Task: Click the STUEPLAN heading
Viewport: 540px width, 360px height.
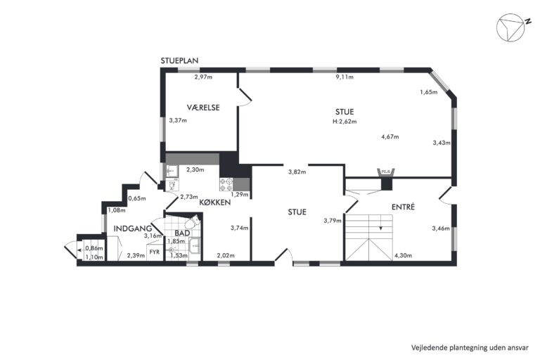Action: pyautogui.click(x=179, y=60)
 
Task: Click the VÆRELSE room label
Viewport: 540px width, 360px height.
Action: pyautogui.click(x=203, y=108)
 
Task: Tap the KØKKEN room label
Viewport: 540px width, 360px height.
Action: pyautogui.click(x=215, y=202)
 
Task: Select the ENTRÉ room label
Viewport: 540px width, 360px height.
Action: pyautogui.click(x=404, y=207)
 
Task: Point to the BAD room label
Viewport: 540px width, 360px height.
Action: pyautogui.click(x=182, y=233)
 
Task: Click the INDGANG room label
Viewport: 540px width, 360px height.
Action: pyautogui.click(x=133, y=229)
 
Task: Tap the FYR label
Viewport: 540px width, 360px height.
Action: pyautogui.click(x=155, y=252)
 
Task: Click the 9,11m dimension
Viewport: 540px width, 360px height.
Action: pyautogui.click(x=345, y=77)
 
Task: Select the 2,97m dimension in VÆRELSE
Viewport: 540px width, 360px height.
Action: pyautogui.click(x=203, y=77)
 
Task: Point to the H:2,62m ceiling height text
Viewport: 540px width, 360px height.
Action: pyautogui.click(x=345, y=121)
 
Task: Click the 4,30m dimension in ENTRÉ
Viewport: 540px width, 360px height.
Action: pyautogui.click(x=403, y=256)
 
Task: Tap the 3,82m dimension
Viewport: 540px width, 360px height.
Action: pyautogui.click(x=297, y=172)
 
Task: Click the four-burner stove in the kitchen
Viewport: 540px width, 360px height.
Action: pyautogui.click(x=226, y=184)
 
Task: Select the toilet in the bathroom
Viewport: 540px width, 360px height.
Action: pyautogui.click(x=193, y=222)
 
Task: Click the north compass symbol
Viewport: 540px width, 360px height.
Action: pyautogui.click(x=510, y=27)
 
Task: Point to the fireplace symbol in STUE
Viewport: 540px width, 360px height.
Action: pyautogui.click(x=387, y=172)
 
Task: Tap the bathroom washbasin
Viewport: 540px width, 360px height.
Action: pyautogui.click(x=195, y=245)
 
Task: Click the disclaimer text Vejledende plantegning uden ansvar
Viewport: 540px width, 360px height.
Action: pyautogui.click(x=470, y=347)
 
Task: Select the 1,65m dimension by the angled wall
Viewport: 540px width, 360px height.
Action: pyautogui.click(x=428, y=92)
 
